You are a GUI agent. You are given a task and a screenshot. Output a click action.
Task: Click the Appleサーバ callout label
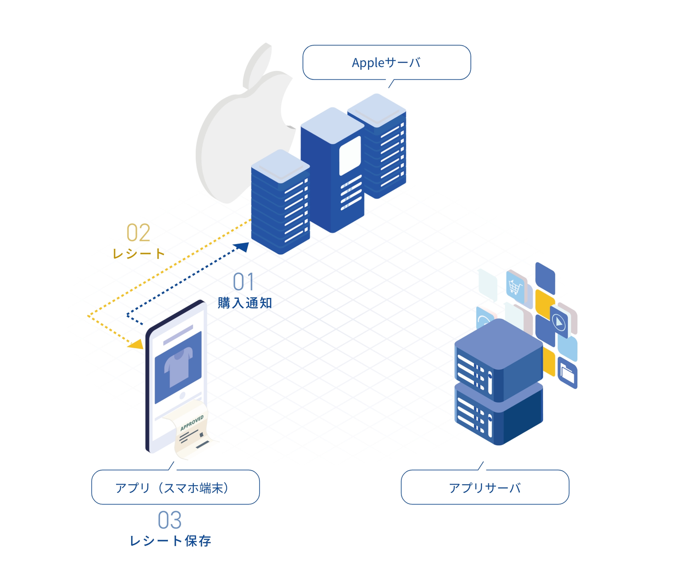tap(386, 63)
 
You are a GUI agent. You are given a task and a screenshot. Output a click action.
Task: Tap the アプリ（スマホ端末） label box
tap(175, 487)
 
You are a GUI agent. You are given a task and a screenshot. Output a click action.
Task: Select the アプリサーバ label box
tap(484, 487)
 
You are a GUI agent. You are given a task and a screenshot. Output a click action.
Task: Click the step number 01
tap(244, 282)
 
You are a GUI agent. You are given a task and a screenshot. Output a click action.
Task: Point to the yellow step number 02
tap(138, 233)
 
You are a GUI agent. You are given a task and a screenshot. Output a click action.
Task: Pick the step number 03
tap(170, 520)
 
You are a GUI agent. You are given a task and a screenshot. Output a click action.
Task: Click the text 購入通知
tap(245, 303)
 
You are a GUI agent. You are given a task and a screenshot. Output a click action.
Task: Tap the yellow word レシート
tap(139, 254)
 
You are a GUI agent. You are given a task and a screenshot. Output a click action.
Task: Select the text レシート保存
tap(170, 541)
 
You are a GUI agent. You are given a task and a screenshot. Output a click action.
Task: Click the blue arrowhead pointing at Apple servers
tap(242, 247)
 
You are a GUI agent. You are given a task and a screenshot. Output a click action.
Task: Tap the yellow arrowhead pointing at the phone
tap(136, 344)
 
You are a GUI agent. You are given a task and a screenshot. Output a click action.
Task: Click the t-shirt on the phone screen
tap(178, 367)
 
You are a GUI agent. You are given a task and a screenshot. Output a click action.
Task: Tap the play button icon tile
tap(559, 321)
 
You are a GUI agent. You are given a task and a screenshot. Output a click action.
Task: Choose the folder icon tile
tap(567, 374)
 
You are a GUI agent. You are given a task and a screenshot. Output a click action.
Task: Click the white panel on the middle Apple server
tap(350, 155)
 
